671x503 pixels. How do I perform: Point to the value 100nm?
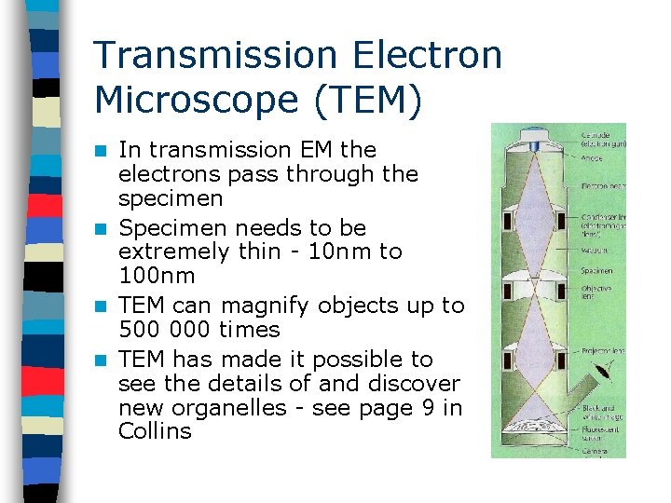point(157,276)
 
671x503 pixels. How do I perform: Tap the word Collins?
point(155,431)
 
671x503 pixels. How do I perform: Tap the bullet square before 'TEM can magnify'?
point(105,306)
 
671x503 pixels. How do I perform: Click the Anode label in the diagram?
point(593,158)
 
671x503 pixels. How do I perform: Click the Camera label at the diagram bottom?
point(595,451)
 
